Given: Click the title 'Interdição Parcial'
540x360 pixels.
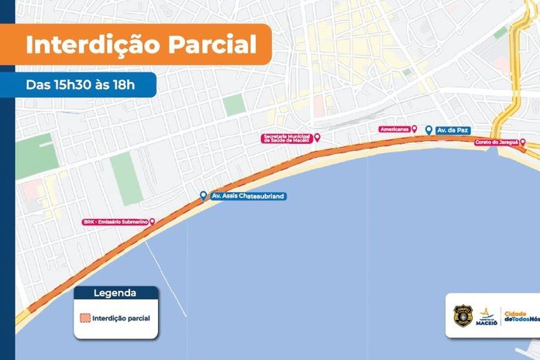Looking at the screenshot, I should pos(141,43).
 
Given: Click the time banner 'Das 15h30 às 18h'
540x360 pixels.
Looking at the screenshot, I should pos(81,84).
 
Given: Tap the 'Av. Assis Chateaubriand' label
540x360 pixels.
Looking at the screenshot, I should pos(248,197).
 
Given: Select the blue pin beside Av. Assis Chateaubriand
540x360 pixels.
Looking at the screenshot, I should pos(203,196).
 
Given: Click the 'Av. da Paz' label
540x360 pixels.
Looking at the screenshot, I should pos(453,130).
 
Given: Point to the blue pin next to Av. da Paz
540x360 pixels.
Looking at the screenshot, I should pos(428,129).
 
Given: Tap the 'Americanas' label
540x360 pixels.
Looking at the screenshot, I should pos(394,129).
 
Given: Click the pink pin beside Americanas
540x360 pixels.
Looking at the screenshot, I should pos(414,129).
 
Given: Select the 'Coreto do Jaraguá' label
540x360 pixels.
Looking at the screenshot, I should pos(496,142).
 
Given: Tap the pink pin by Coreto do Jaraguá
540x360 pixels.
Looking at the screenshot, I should pos(523,142).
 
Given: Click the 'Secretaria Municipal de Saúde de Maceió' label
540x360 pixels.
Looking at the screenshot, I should pos(287,138).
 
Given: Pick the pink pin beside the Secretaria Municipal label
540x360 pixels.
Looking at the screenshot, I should pos(316,137).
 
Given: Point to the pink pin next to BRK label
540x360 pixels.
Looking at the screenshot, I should pos(152,221).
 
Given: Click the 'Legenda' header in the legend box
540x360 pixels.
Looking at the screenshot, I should pos(115,293).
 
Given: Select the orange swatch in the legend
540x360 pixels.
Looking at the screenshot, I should pos(84,317).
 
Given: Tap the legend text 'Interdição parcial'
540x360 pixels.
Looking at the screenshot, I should pos(121,317).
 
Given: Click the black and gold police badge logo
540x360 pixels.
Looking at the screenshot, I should pos(463,315).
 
